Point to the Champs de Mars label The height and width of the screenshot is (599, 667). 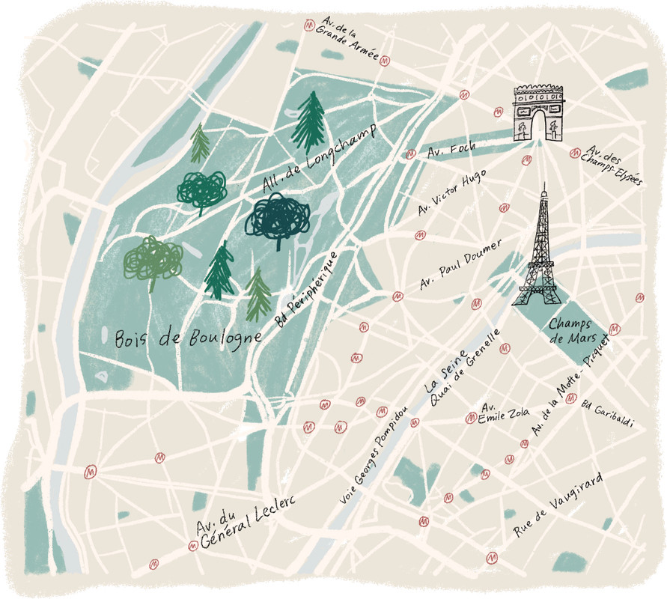570,332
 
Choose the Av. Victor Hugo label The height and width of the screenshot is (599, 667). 452,193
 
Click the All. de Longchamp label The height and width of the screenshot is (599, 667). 317,159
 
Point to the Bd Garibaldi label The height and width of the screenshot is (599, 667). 606,413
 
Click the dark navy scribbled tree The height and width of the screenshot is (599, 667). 277,216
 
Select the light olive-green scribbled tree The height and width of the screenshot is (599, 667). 153,259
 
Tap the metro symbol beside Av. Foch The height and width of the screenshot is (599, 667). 410,155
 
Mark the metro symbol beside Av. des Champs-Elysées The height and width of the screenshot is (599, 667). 574,153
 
